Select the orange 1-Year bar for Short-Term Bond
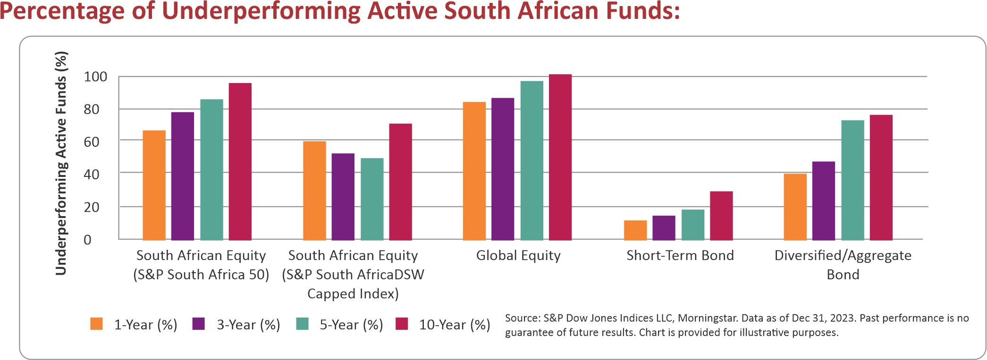[x=635, y=230]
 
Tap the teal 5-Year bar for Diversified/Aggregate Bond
[x=852, y=180]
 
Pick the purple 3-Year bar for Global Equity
[x=503, y=169]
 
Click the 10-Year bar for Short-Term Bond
[x=721, y=216]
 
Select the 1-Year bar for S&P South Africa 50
[x=154, y=185]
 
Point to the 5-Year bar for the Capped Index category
[x=372, y=199]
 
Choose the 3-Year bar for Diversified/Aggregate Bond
[x=824, y=201]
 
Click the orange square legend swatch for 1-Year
[x=97, y=324]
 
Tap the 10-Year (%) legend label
[x=455, y=325]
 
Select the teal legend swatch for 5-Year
[x=302, y=324]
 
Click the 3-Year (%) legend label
[x=248, y=325]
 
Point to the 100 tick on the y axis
[x=95, y=76]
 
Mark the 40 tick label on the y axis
[x=92, y=174]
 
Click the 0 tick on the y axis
[x=87, y=240]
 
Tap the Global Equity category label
[x=518, y=255]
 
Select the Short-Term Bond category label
[x=680, y=255]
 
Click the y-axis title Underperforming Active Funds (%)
[x=61, y=163]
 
